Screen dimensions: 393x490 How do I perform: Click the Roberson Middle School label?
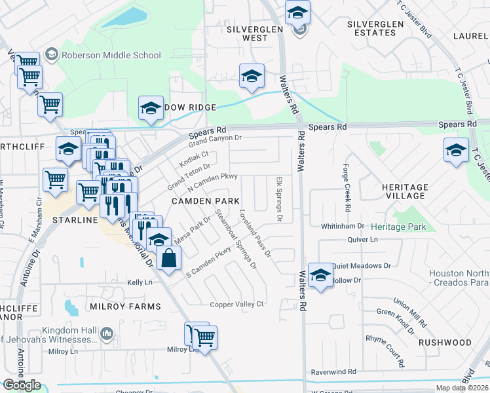111,56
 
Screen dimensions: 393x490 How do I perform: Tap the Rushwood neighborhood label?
463,343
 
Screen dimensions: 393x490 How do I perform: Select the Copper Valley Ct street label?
236,304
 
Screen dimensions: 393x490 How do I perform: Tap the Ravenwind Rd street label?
333,371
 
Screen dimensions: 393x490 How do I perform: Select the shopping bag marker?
169,258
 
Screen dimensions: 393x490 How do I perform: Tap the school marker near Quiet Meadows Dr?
320,275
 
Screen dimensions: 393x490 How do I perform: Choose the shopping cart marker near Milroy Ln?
205,337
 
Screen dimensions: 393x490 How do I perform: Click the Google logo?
22,385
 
